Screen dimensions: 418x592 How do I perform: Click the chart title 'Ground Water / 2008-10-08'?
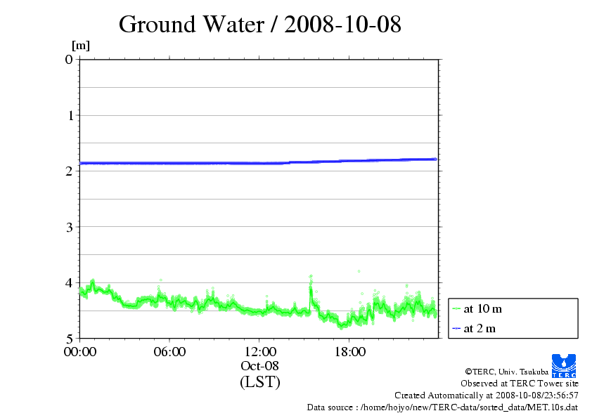pos(259,25)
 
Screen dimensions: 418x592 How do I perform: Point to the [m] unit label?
pos(81,46)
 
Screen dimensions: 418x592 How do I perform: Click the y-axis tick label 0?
pos(69,59)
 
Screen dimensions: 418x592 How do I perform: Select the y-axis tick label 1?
pos(69,115)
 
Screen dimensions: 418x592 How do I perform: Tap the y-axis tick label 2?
pos(69,171)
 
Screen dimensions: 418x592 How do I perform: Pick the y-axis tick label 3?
pos(69,226)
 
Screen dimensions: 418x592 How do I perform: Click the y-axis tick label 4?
pos(69,282)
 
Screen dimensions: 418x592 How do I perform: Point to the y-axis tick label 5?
pos(69,338)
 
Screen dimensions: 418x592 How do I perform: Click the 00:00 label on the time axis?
pos(79,352)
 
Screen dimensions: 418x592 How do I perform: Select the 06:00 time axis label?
pos(169,352)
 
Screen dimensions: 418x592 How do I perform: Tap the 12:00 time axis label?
pos(259,352)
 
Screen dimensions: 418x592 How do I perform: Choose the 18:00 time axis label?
pos(349,352)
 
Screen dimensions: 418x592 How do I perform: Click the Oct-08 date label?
pos(259,366)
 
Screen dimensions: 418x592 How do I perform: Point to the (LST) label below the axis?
pos(259,382)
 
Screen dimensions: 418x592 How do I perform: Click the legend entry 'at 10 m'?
pos(483,308)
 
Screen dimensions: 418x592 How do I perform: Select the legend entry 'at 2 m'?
pos(480,328)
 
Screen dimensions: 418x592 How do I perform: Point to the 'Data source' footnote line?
pos(442,407)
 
